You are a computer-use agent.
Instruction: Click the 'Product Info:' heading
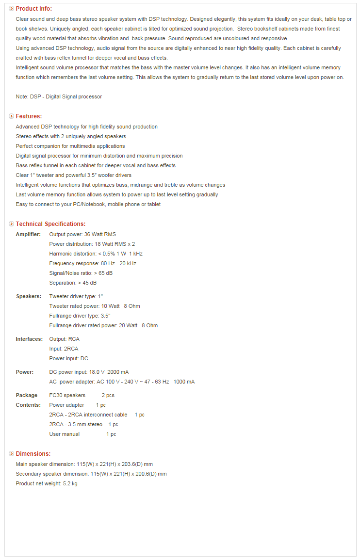point(33,9)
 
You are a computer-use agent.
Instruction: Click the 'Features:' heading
point(29,116)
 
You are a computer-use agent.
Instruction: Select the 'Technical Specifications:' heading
point(50,224)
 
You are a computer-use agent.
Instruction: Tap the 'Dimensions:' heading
point(33,454)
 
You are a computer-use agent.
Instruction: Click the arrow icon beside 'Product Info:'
point(11,9)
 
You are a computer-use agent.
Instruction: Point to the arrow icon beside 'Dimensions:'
point(11,454)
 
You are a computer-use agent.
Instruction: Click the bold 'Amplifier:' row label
point(28,234)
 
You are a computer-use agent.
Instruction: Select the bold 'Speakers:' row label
point(28,296)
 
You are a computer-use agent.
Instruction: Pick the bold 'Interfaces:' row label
point(29,339)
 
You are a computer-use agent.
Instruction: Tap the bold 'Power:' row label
point(25,372)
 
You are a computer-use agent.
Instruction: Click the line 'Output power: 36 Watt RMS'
point(82,234)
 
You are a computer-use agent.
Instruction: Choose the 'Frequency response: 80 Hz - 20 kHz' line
point(93,263)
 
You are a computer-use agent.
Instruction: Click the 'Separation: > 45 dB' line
point(73,283)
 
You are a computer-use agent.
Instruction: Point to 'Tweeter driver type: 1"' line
point(76,296)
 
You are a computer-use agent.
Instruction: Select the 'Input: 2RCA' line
point(64,349)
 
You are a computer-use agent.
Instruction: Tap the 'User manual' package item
point(65,434)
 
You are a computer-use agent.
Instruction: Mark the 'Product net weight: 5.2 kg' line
point(47,483)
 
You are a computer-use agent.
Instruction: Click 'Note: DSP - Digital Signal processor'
point(59,96)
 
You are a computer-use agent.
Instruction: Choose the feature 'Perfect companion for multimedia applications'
point(70,146)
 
